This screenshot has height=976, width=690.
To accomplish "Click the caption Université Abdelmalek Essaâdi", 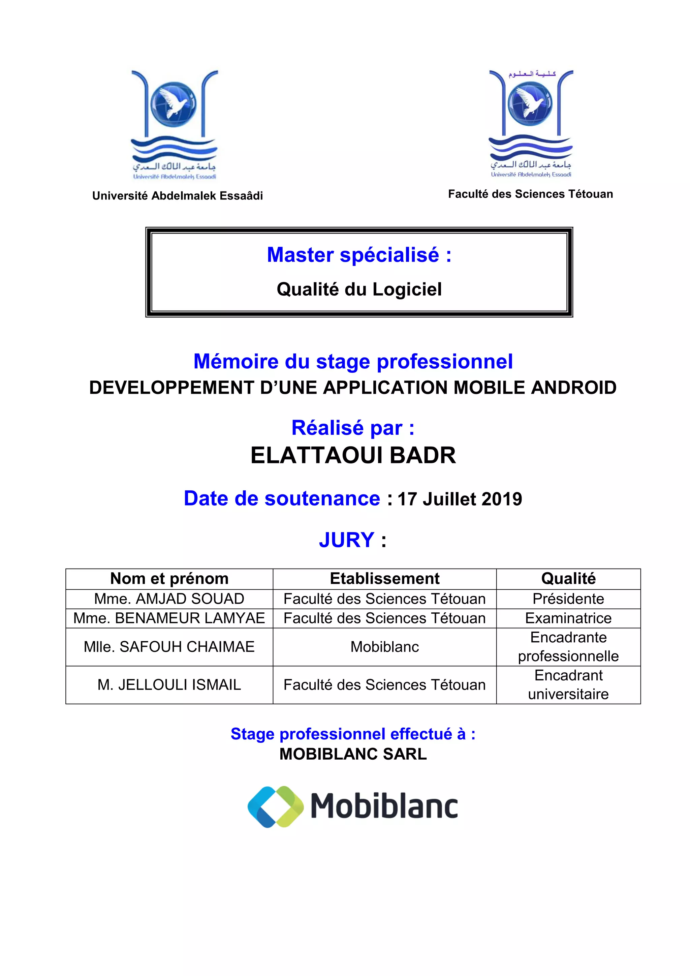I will click(178, 195).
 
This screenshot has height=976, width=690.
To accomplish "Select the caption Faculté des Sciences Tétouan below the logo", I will click(530, 194).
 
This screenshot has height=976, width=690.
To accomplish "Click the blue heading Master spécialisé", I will click(359, 255).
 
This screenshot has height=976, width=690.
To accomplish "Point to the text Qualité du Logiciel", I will click(359, 289).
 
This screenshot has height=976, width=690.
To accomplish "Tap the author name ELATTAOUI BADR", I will click(353, 455).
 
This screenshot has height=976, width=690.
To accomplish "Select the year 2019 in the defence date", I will click(502, 499).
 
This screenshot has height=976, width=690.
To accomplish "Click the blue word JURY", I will click(347, 540).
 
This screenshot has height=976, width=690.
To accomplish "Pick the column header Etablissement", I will click(384, 579).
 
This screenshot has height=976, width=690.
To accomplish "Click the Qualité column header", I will click(568, 579).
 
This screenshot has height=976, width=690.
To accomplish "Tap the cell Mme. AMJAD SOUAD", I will click(169, 599).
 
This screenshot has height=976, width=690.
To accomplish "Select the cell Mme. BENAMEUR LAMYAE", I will click(169, 618).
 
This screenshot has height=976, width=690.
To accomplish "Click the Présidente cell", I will click(568, 599).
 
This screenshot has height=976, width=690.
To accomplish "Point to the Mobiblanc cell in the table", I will click(384, 646).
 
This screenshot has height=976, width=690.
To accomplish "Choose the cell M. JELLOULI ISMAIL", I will click(169, 684).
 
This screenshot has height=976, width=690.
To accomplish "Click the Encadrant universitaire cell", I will click(568, 684).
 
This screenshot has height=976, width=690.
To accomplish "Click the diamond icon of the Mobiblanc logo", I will click(276, 806).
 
